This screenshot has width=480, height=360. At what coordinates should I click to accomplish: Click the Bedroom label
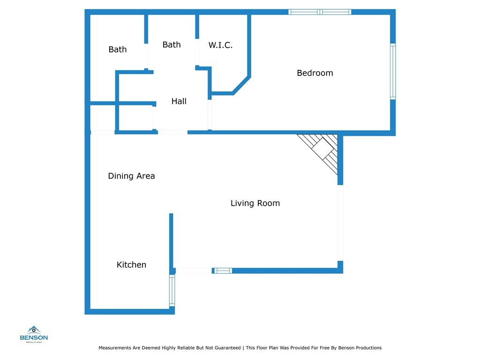point(315,73)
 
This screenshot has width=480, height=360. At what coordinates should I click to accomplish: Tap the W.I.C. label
point(220,45)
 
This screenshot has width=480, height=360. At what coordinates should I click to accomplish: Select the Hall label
point(179,101)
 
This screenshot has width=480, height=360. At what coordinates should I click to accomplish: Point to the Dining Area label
point(131,176)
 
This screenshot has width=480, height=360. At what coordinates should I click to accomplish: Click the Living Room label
point(255,203)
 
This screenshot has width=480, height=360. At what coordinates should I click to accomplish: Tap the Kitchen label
point(131,265)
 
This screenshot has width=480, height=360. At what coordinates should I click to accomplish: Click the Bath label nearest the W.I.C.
point(172,45)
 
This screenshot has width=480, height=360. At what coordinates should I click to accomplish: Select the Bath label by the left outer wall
point(118,50)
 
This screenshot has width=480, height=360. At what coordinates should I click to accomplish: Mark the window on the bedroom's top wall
point(320,12)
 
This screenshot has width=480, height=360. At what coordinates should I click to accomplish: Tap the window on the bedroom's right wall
point(393,71)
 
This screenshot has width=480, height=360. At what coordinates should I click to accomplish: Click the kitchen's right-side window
point(172,291)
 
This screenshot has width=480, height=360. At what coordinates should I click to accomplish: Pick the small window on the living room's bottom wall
point(223,270)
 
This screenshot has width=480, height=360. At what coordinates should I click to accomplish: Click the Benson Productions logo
point(34,334)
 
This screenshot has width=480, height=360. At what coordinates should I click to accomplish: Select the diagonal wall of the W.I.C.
point(241,85)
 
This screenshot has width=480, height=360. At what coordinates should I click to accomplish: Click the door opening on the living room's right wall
point(340,223)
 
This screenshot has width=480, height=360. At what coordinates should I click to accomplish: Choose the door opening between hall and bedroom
point(210,115)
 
